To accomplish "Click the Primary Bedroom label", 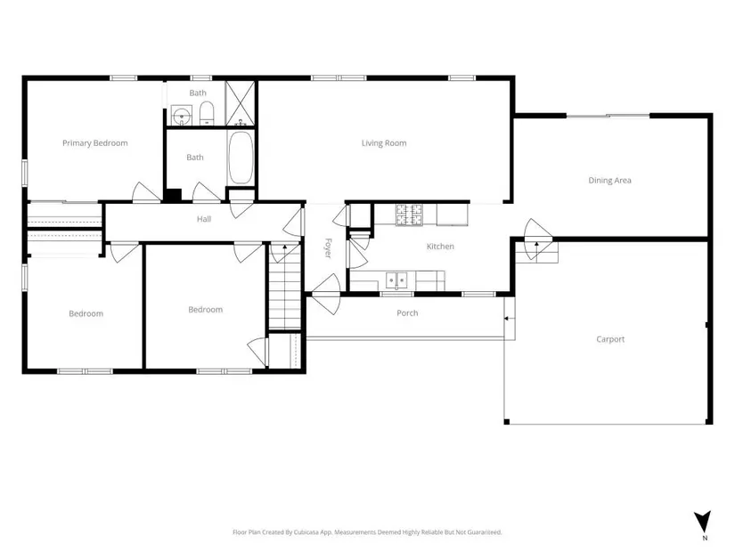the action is click(95, 143).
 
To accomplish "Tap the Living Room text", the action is click(384, 143).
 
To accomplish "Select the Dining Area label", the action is click(610, 181).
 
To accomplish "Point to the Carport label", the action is click(610, 339).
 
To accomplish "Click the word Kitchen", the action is click(440, 247).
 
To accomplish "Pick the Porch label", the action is click(407, 313).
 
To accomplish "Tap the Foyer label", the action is click(328, 247).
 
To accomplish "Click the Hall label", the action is click(204, 219).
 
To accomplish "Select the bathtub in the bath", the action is click(241, 158).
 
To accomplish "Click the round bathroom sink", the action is click(181, 115).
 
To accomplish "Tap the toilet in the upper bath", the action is click(207, 114).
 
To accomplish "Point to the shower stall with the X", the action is click(240, 103).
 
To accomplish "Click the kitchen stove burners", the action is click(409, 215).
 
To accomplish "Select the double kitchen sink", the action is click(397, 280).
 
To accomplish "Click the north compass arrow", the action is click(702, 522).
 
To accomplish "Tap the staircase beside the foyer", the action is click(284, 287).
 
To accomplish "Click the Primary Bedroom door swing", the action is click(147, 192).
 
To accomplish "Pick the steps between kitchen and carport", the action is click(537, 252).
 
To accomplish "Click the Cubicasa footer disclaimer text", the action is click(367, 532).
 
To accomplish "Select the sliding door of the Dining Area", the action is click(608, 115).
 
